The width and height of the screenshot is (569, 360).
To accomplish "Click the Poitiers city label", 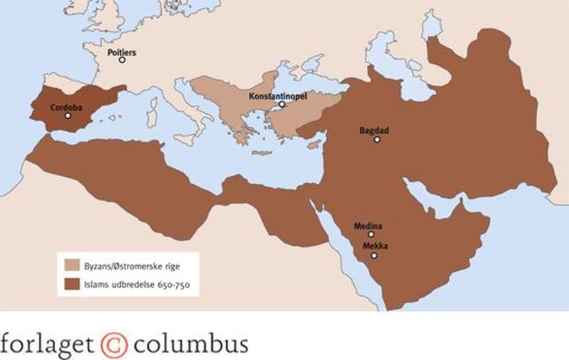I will pyautogui.click(x=122, y=52).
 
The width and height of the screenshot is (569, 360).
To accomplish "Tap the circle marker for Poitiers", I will pyautogui.click(x=122, y=60).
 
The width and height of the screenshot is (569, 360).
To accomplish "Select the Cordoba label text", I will pyautogui.click(x=67, y=107).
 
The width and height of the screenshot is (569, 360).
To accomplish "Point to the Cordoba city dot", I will pyautogui.click(x=68, y=116).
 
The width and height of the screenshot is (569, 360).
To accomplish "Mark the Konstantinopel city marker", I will pyautogui.click(x=282, y=104).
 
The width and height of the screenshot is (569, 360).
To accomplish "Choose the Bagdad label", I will pyautogui.click(x=374, y=130).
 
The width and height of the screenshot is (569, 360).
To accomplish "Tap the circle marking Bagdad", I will pyautogui.click(x=377, y=139).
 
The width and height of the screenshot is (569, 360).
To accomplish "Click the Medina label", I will pyautogui.click(x=368, y=226).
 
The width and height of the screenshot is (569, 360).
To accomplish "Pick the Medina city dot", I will pyautogui.click(x=371, y=235).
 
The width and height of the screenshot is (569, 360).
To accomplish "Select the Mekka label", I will pyautogui.click(x=374, y=245).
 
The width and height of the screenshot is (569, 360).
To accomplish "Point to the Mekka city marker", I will pyautogui.click(x=374, y=255).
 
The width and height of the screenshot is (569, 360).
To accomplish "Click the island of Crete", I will pyautogui.click(x=262, y=153).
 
